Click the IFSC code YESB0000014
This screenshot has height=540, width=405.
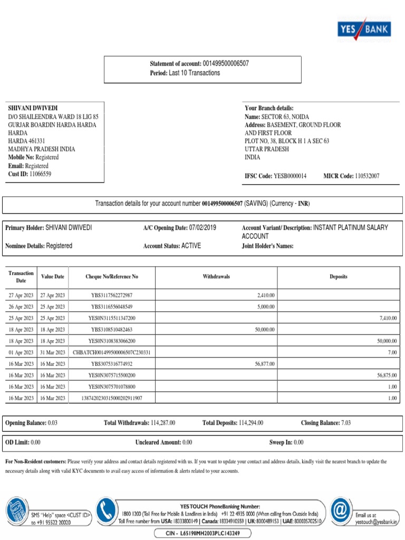coord(290,176)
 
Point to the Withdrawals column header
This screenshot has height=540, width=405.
coord(216,276)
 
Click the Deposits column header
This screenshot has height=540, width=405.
coord(339,276)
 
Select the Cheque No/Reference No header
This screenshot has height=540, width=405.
coord(112,276)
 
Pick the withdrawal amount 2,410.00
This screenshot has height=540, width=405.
coord(266,295)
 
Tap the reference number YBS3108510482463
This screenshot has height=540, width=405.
coord(112,330)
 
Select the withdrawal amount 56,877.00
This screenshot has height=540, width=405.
coord(264,364)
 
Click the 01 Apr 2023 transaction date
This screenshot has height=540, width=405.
coord(21,352)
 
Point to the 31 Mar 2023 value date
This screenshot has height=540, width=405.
coord(53,352)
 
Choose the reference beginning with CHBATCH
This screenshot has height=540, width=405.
coord(112,352)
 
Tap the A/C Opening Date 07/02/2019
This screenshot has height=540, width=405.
coord(202,228)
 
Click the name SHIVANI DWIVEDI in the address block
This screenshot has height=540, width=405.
coord(33,108)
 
